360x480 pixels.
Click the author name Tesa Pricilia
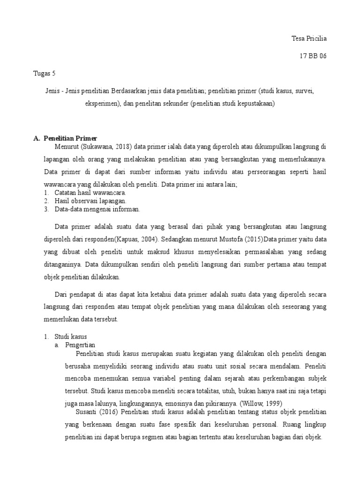[308, 38]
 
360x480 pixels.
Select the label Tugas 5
[45, 73]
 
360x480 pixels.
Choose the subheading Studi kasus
[70, 337]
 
